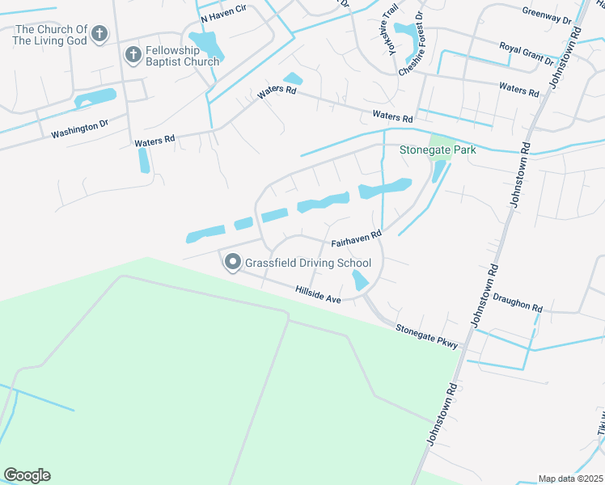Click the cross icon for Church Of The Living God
[x=99, y=34]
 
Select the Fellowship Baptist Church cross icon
[x=133, y=55]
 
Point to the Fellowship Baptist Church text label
[x=182, y=56]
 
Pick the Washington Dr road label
[x=79, y=129]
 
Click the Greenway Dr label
[x=546, y=15]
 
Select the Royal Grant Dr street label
[x=526, y=54]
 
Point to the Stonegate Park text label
[x=438, y=150]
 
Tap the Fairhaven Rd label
[x=356, y=239]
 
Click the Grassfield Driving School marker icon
[x=232, y=262]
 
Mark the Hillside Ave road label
[x=318, y=293]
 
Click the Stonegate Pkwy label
[x=427, y=336]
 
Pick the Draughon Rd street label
[x=516, y=302]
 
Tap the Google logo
[x=27, y=475]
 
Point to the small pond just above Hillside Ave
[x=360, y=280]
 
